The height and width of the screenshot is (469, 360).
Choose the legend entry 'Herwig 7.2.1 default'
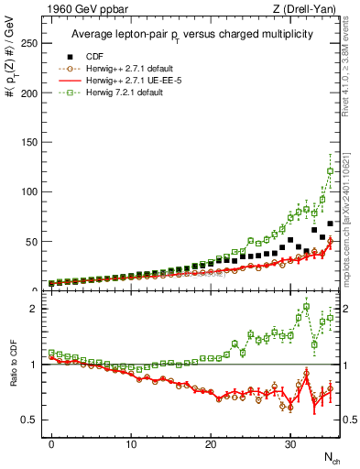pos(129,93)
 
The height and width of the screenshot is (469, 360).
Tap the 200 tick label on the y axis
pos(32,93)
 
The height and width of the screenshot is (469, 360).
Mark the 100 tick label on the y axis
pos(32,191)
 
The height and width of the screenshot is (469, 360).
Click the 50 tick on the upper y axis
pos(35,241)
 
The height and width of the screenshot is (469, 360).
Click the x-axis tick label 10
pos(131,442)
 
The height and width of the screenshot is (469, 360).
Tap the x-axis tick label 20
pos(211,442)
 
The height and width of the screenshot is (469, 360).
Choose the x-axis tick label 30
pos(290,442)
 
